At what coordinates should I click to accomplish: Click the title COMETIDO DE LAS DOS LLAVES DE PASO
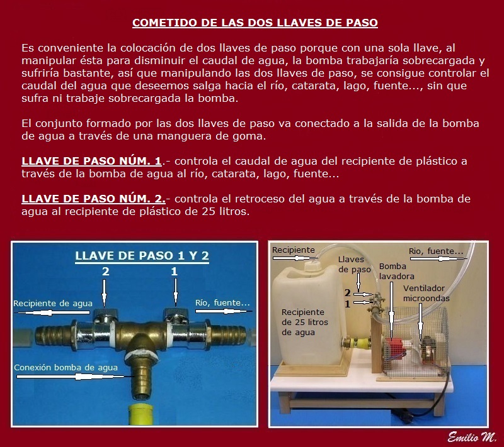(255, 23)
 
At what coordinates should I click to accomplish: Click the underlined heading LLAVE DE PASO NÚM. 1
(91, 161)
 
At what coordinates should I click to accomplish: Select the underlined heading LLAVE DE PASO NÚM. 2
(93, 199)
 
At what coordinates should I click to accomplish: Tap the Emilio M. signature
(472, 437)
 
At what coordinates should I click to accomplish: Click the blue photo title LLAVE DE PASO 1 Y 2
(142, 256)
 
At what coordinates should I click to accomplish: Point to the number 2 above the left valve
(105, 272)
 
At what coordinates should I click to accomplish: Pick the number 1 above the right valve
(175, 272)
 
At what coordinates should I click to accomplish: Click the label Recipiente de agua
(53, 304)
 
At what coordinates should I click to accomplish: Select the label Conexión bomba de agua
(66, 368)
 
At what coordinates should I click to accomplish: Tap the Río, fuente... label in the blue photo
(222, 302)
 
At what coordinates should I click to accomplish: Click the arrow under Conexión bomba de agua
(70, 377)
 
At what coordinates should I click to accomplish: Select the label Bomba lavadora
(397, 271)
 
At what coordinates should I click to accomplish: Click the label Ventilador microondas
(426, 293)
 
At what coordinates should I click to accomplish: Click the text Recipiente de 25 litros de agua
(305, 322)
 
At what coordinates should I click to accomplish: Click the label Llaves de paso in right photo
(354, 265)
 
